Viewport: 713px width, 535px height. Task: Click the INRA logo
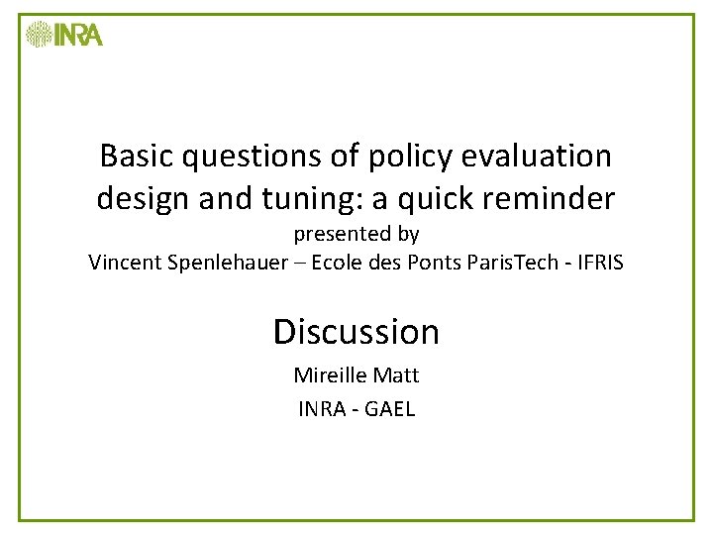click(x=64, y=35)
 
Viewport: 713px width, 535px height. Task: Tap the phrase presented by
click(x=356, y=235)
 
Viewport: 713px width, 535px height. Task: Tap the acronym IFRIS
click(x=598, y=263)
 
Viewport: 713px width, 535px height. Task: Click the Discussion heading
click(x=356, y=331)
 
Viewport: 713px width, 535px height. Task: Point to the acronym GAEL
click(x=390, y=408)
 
